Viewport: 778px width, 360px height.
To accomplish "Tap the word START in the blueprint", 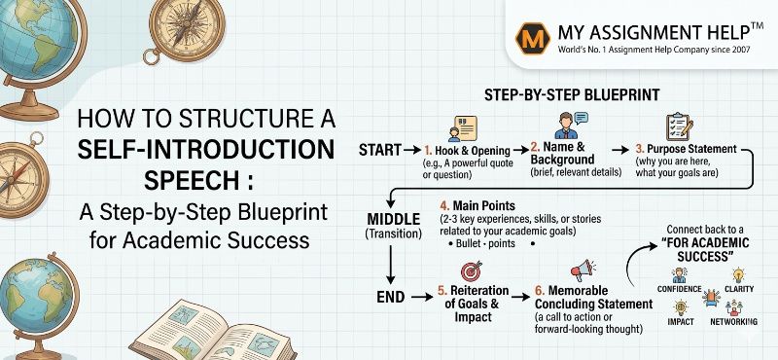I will (x=381, y=151).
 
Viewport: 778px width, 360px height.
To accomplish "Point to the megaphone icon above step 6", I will (x=582, y=270).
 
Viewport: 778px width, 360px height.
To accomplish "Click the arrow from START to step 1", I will (x=412, y=151).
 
